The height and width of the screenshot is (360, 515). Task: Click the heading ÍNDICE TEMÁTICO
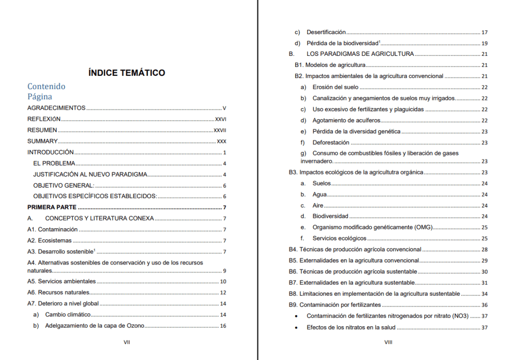point(126,73)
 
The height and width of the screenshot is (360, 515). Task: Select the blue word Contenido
point(46,86)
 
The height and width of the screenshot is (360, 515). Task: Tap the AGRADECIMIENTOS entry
point(56,108)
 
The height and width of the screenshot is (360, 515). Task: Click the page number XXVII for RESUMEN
point(220,130)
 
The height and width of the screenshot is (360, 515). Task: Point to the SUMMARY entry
point(42,141)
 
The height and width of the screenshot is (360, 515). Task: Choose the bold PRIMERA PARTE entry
point(52,207)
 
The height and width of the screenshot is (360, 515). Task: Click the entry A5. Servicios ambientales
point(61,282)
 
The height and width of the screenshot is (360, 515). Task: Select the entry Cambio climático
point(68,315)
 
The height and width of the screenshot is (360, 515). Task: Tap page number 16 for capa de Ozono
point(223,326)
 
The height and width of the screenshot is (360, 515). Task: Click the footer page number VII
point(127,342)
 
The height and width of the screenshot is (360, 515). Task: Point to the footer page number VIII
point(388,342)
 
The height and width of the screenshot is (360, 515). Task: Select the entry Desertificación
point(326,32)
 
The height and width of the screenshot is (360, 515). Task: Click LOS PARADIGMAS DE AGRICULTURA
point(360,54)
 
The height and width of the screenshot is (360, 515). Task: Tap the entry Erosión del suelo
point(335,87)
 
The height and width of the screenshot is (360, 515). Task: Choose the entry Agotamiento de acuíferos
point(347,120)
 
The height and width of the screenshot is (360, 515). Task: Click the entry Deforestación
point(331,142)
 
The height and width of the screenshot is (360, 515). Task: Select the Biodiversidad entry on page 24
point(330,216)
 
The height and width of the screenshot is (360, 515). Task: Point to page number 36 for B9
point(484,305)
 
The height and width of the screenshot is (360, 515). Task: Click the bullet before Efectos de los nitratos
point(296,328)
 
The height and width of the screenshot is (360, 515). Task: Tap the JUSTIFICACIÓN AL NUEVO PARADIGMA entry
point(90,174)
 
